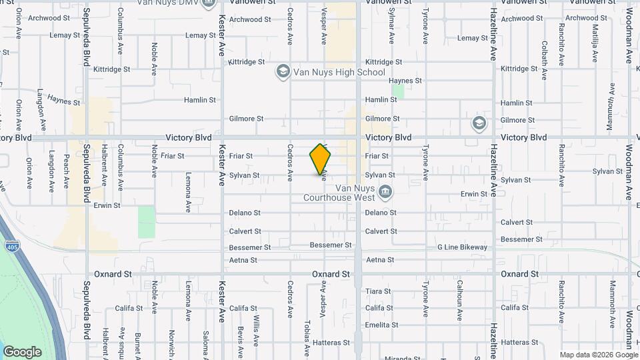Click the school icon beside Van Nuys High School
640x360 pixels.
pos(283,71)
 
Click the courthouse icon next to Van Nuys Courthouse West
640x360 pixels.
pos(385,193)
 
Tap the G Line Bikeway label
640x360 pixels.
pos(462,247)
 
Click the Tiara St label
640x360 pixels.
pos(378,291)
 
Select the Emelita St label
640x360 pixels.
pos(382,325)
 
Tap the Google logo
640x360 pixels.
pos(22,352)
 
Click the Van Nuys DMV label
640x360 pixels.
pos(171,3)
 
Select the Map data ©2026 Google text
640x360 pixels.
pos(598,355)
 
